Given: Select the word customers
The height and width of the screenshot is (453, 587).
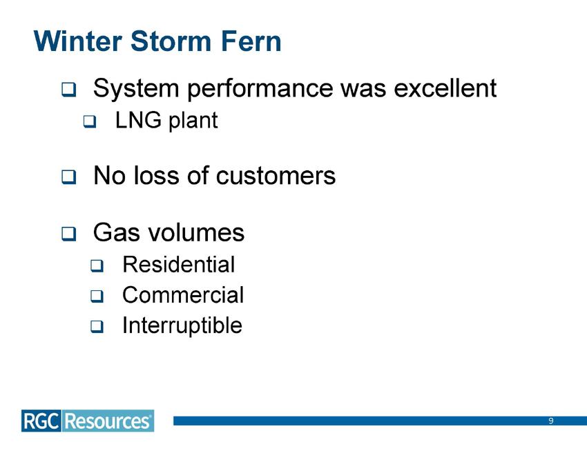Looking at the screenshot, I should click(276, 176).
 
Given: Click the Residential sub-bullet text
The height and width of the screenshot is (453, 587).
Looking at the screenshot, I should click(178, 264).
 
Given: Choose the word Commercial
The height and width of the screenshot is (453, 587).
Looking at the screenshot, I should click(182, 295).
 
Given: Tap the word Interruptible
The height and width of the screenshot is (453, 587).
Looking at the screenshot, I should click(182, 325).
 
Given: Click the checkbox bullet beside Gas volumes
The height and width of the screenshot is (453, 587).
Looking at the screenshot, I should click(68, 234).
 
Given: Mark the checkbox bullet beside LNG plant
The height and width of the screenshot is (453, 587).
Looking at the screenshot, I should click(89, 123).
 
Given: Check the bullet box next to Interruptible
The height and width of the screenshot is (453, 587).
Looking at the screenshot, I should click(97, 327).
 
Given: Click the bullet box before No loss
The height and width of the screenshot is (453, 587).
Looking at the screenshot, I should click(68, 177).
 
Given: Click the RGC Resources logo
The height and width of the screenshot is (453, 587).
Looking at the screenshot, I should click(87, 421).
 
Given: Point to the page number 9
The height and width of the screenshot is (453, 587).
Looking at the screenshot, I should click(551, 421).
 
